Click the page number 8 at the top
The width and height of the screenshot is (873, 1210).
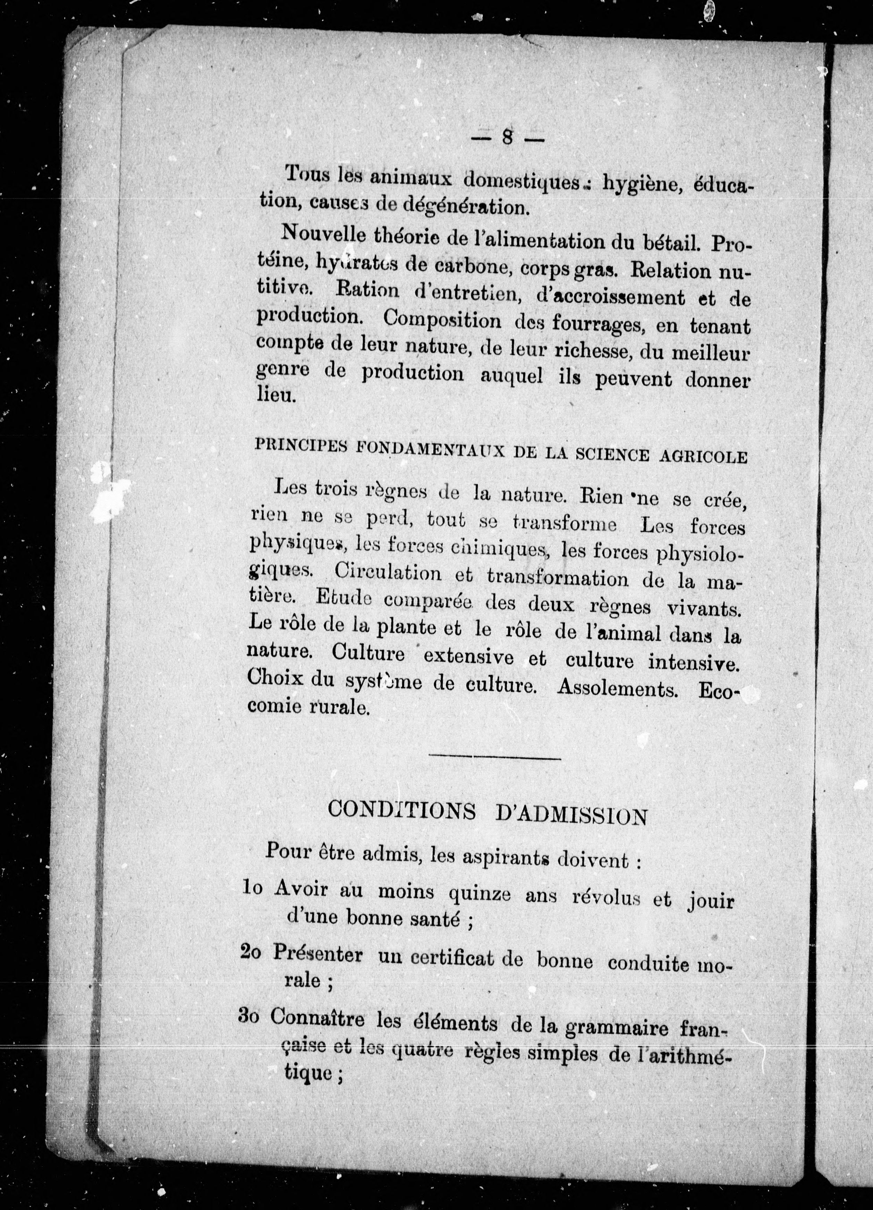click(x=507, y=138)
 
